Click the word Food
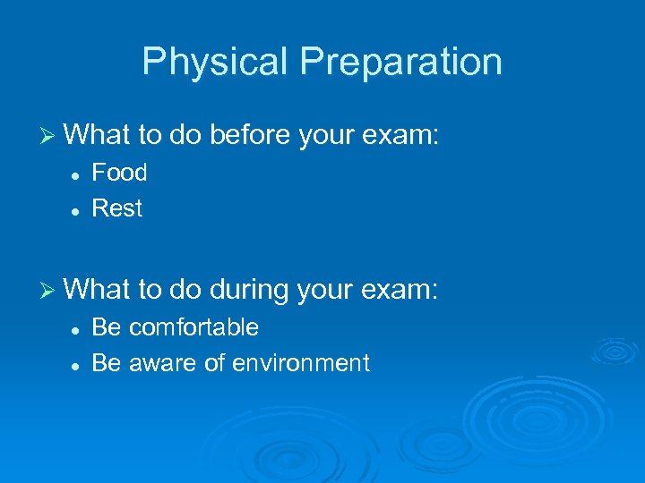[x=119, y=172]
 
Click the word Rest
[x=117, y=208]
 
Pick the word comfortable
[x=193, y=327]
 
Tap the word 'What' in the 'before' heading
[x=98, y=135]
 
